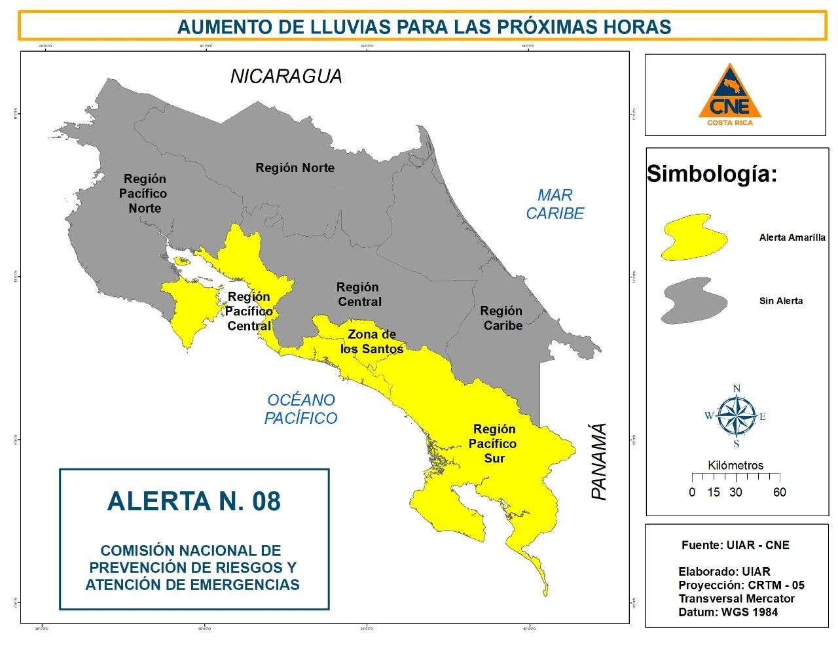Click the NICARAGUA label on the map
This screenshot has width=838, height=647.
coord(286,77)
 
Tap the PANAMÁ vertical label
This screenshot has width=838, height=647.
coord(599,462)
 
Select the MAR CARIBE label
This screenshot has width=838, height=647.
coord(555,204)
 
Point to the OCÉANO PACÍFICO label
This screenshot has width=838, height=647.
coord(301,409)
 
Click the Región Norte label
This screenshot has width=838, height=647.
coord(295,168)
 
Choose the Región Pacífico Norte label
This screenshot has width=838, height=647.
coord(145,194)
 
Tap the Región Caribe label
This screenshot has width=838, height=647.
coord(501,318)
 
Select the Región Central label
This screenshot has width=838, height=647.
coord(358,294)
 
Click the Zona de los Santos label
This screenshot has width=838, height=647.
coord(372,341)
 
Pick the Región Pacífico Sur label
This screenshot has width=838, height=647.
coord(494,444)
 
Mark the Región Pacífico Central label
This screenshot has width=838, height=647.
coord(249,311)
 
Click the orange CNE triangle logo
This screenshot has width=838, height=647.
coord(729,94)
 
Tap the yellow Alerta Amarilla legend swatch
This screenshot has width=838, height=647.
coord(694,237)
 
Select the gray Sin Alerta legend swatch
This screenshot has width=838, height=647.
coord(694,301)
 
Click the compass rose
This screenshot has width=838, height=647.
coord(736,415)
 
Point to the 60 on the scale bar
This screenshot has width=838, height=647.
coord(779,493)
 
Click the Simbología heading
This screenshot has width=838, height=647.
coord(712,174)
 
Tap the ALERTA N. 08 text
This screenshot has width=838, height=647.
coord(194,501)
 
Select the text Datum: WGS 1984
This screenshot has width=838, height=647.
coord(728,612)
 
